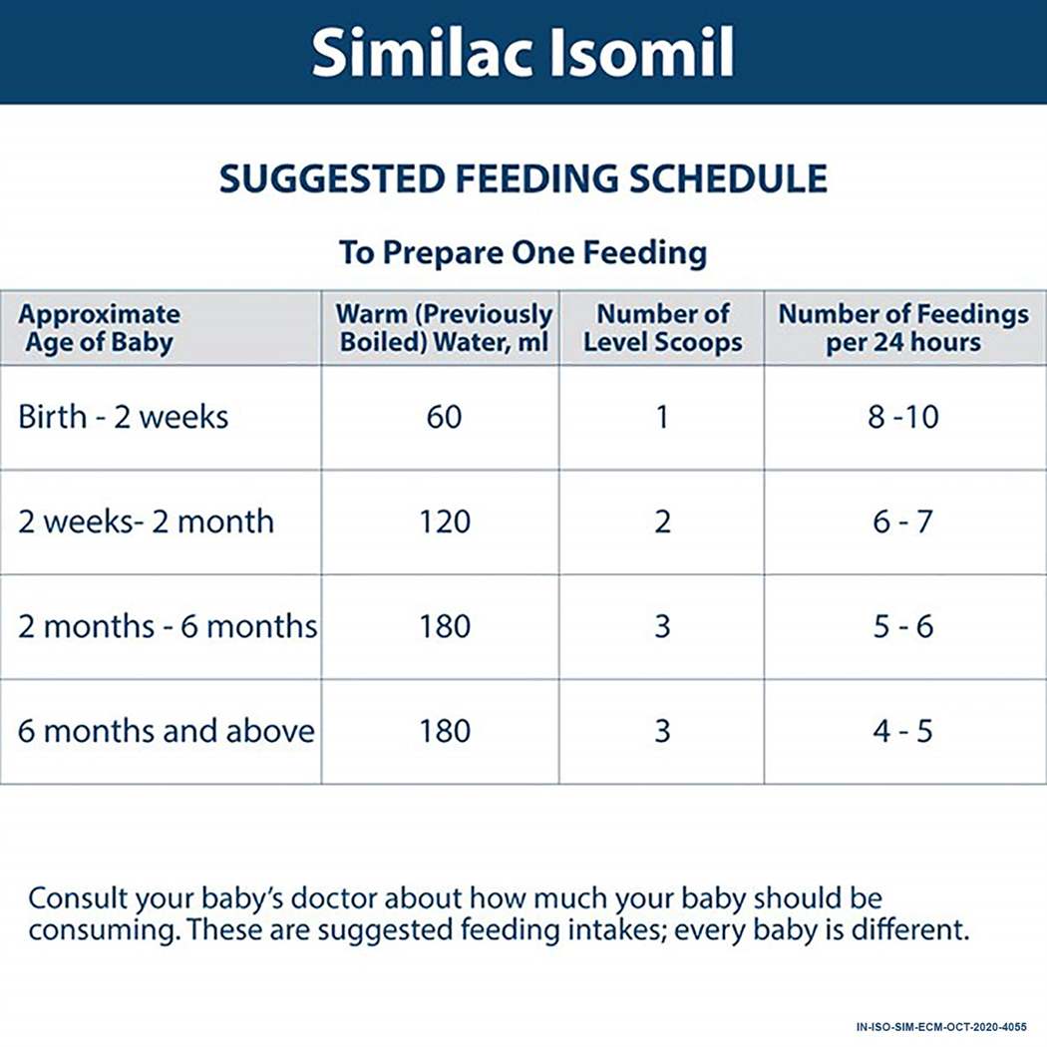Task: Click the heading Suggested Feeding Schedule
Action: coord(523,178)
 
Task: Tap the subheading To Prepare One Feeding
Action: coord(523,251)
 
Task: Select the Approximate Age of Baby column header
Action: coord(100,328)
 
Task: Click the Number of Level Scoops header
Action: coord(662,328)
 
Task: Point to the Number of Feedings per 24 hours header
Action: coord(902,328)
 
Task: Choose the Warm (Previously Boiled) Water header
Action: coord(444,328)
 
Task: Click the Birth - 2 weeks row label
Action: coord(124,416)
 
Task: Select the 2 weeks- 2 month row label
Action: coord(146,522)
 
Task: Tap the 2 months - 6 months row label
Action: coord(168,626)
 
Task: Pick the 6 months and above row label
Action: coord(167,731)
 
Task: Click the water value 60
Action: coord(444,416)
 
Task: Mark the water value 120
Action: coord(444,522)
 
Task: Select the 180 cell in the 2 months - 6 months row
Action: coord(444,626)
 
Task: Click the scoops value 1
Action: coord(662,416)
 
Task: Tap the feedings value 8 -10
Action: coord(902,416)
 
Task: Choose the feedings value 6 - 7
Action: coord(902,522)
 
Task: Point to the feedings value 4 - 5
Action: coord(902,731)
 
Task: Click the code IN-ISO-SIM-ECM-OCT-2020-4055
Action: coord(940,1026)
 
